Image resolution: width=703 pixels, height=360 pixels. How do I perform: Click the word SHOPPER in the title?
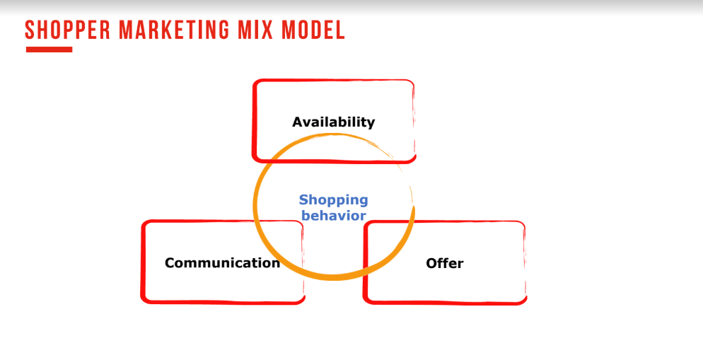click(x=68, y=30)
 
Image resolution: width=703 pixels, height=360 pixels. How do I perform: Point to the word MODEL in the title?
click(x=313, y=30)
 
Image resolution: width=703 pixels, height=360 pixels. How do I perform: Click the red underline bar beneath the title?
click(x=50, y=50)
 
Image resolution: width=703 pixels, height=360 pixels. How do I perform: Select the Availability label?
click(x=334, y=122)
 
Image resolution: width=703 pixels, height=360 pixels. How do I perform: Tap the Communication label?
click(x=222, y=262)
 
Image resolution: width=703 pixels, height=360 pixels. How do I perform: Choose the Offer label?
click(x=445, y=263)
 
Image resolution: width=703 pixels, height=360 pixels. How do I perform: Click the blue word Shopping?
click(x=334, y=200)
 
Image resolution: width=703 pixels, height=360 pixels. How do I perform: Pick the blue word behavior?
click(x=334, y=216)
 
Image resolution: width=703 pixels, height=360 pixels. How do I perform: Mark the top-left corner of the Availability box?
click(x=255, y=81)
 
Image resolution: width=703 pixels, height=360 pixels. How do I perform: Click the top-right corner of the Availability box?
click(x=412, y=81)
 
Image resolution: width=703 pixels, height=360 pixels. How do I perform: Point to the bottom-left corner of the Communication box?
click(x=143, y=301)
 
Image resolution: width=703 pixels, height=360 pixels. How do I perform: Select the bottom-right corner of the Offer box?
click(x=525, y=302)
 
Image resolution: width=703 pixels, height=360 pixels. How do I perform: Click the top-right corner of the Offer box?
click(x=523, y=223)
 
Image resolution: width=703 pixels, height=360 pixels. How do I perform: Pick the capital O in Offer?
click(x=431, y=263)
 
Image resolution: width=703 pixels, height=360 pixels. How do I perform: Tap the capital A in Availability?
click(x=298, y=122)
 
